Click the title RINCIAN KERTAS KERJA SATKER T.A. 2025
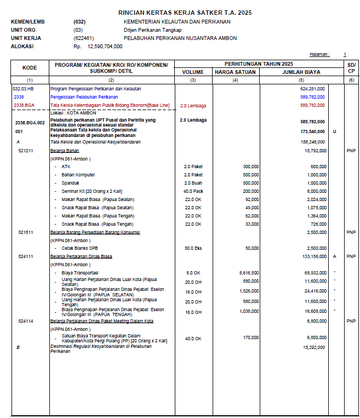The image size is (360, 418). coord(185,12)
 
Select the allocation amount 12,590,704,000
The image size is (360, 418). coord(105,46)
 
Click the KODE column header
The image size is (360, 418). coord(30,68)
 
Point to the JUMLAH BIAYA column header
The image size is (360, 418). coord(301,72)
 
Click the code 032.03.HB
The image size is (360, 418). coord(23,88)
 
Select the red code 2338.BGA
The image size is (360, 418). coord(24,105)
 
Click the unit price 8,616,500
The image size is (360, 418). coord(249,272)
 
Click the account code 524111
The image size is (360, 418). coord(25,256)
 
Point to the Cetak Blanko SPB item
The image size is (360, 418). coord(76,248)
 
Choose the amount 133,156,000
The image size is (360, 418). coord(311,256)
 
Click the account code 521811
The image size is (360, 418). coord(25,232)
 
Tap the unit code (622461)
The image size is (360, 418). coord(83,38)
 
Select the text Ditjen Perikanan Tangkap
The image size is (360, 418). coord(149,30)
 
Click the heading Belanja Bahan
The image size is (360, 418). coord(65,150)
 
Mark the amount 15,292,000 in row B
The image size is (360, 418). coord(314,347)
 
